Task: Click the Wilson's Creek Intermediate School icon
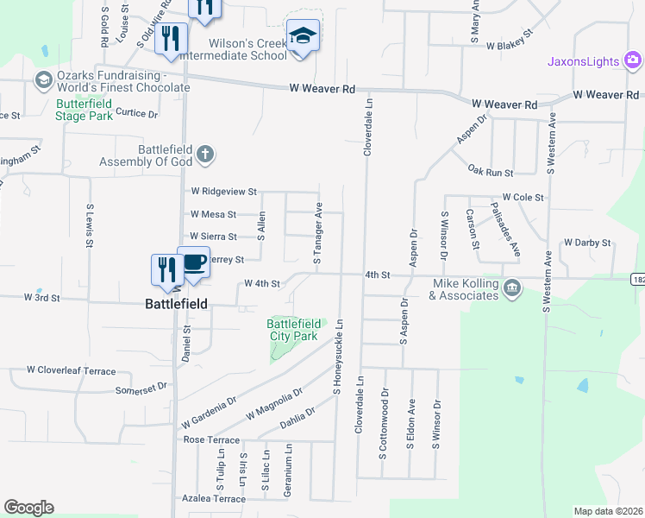point(302,37)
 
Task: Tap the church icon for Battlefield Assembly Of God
point(204,154)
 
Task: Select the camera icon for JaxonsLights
point(633,60)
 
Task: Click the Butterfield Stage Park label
point(84,110)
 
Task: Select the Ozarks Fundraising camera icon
point(41,80)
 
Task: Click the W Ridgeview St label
point(224,191)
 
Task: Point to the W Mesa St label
point(213,214)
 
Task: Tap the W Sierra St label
point(213,237)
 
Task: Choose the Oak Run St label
point(490,172)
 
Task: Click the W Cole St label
point(523,198)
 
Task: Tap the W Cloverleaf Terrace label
point(71,370)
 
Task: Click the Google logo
point(28,508)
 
